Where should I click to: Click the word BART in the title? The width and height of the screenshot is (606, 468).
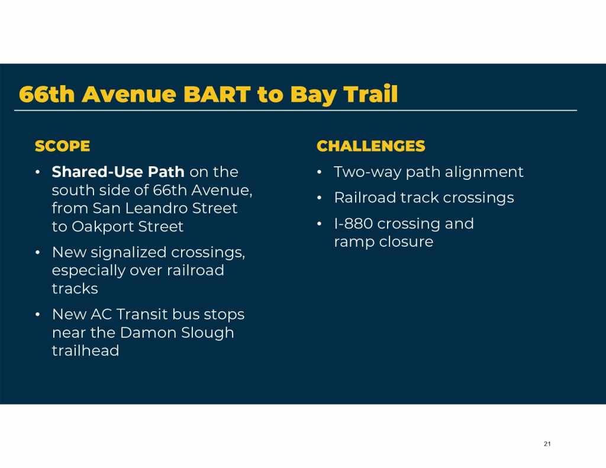point(217,94)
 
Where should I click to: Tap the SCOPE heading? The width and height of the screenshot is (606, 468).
point(62,146)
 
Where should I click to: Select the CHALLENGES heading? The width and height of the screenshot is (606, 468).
point(370,146)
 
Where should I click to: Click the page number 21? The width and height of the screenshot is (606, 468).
point(547,444)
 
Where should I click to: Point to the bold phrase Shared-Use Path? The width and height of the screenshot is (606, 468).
point(118,172)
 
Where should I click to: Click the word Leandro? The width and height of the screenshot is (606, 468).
point(156,208)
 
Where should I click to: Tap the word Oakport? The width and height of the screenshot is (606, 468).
point(102,227)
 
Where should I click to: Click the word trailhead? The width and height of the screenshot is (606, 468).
point(85,351)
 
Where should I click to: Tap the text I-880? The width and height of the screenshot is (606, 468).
point(353,224)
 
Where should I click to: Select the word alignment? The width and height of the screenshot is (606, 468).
point(484,172)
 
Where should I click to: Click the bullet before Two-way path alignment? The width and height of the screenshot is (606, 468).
point(319,172)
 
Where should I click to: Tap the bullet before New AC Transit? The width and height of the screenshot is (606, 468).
point(37,315)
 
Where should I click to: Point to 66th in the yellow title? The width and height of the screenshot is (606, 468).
point(46,94)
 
